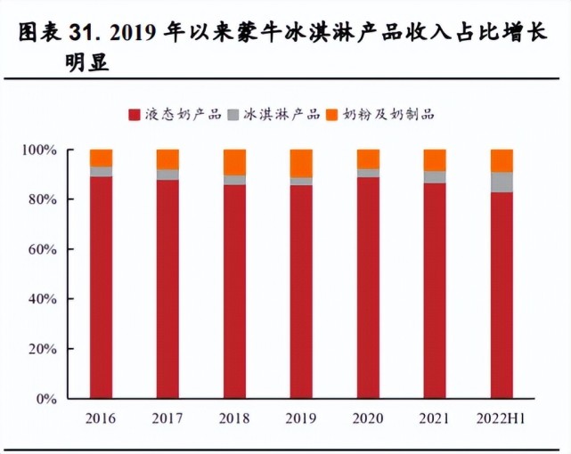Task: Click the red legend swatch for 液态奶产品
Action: [x=135, y=114]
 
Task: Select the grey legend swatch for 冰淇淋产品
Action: [x=234, y=114]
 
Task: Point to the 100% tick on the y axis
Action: [x=40, y=150]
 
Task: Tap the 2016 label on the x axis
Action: [x=101, y=417]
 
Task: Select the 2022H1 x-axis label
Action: [x=502, y=417]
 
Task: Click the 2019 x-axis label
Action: [x=301, y=417]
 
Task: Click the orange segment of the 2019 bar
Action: [x=301, y=163]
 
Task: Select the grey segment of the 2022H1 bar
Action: [x=502, y=182]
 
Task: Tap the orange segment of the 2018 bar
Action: [x=234, y=162]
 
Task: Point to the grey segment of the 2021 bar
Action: [x=435, y=177]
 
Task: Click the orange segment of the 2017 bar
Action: [x=167, y=159]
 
